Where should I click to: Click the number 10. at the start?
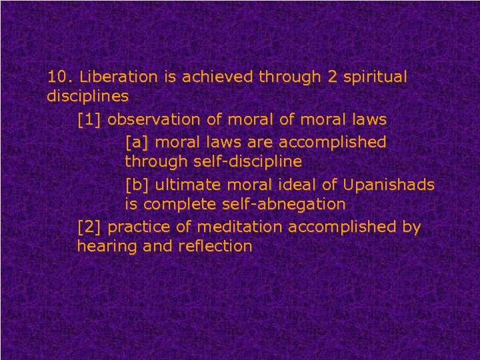click(x=59, y=77)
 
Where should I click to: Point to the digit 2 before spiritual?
click(x=333, y=77)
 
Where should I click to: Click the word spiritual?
click(x=375, y=78)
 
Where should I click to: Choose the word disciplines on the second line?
click(x=87, y=97)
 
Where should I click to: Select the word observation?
click(x=151, y=121)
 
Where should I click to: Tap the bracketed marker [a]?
click(x=137, y=142)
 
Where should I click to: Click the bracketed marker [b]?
click(x=137, y=184)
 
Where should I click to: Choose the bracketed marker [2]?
click(x=89, y=227)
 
